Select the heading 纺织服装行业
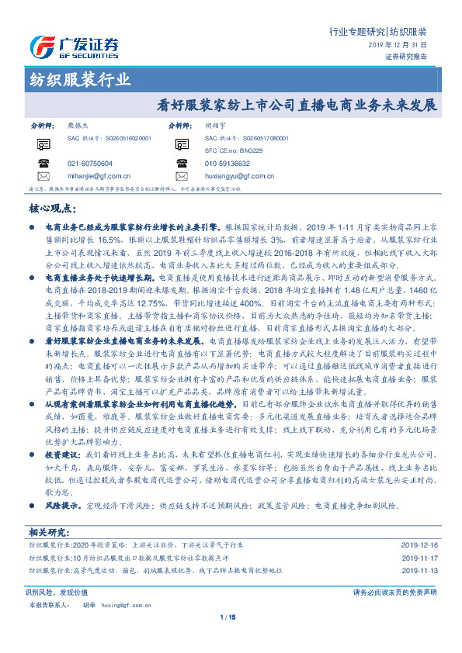click(x=80, y=80)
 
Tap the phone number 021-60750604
click(x=90, y=164)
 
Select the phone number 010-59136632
click(x=228, y=164)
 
